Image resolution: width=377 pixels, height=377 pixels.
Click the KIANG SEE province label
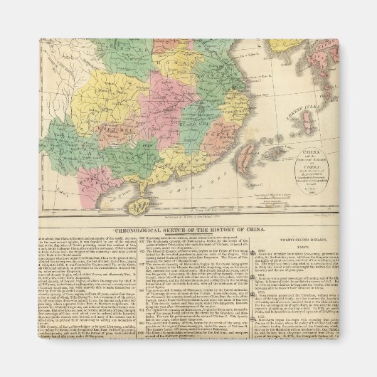174,128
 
